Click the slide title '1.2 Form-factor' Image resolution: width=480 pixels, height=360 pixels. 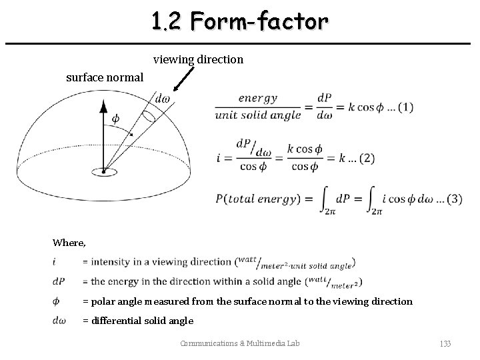(239, 22)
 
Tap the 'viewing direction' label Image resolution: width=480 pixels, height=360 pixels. (198, 60)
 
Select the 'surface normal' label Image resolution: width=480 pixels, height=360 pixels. (104, 77)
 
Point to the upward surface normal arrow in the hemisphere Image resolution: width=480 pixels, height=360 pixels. (103, 130)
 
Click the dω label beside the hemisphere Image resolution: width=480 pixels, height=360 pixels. (162, 99)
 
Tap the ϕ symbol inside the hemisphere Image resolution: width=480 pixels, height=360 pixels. (115, 118)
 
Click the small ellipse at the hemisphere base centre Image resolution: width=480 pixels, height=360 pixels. (103, 172)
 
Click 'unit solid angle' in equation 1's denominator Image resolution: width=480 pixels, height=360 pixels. (257, 115)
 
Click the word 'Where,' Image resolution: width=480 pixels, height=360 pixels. (69, 243)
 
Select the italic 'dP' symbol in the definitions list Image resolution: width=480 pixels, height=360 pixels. (59, 281)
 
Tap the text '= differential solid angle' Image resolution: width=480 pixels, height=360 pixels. (138, 321)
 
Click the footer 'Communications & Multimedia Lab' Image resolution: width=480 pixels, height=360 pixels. (240, 343)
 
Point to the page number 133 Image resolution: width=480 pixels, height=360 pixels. (445, 343)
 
